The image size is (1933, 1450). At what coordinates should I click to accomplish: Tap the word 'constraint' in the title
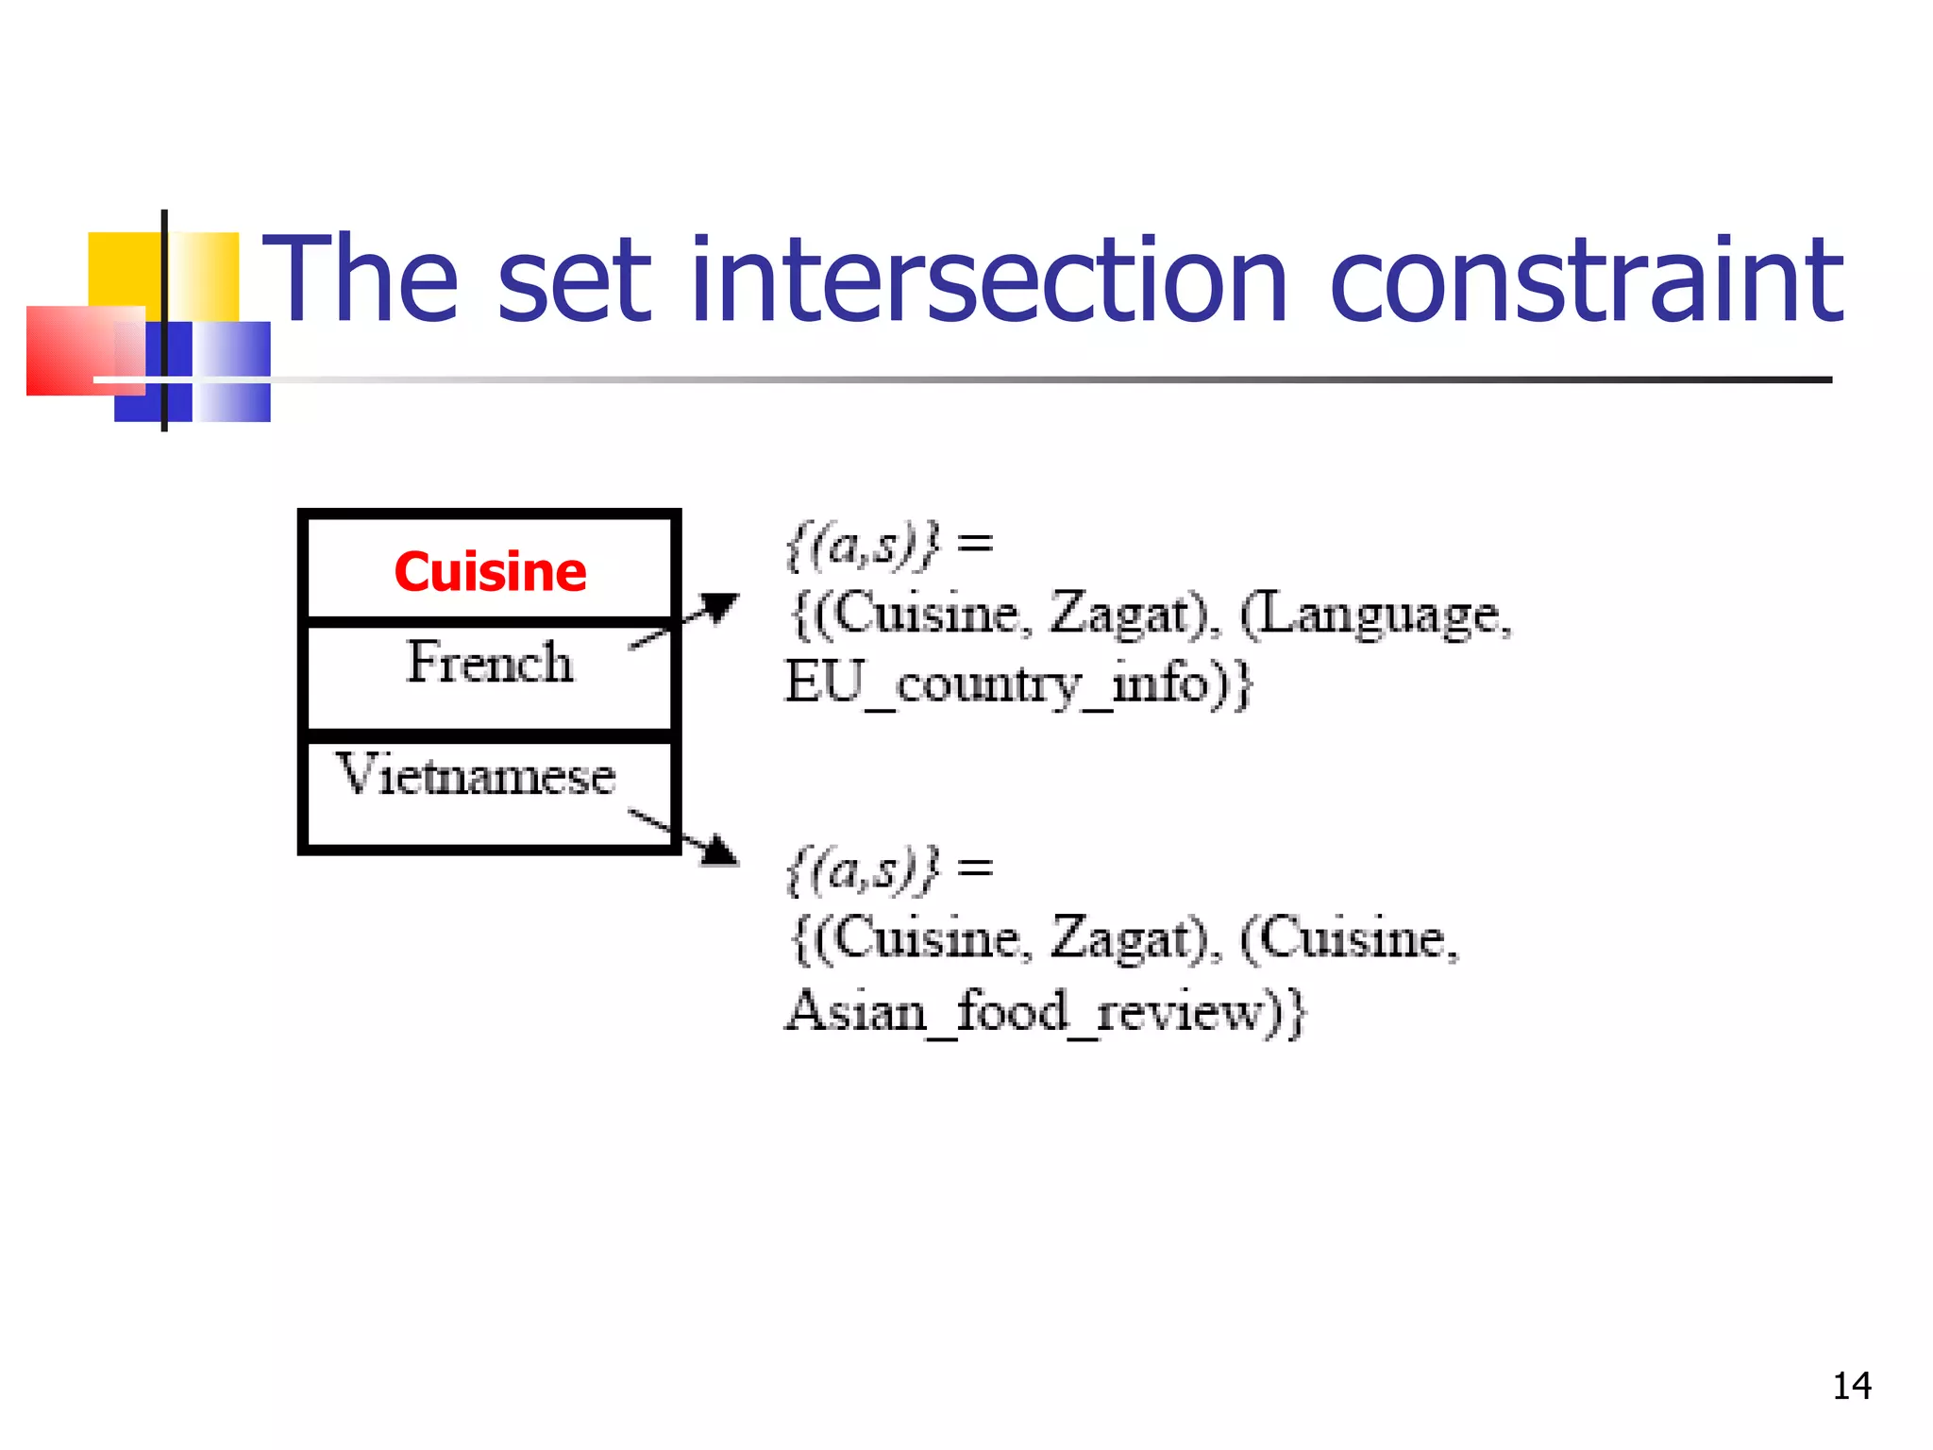click(1586, 280)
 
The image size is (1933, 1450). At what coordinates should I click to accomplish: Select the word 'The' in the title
click(360, 280)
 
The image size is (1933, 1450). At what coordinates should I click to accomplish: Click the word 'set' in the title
click(574, 280)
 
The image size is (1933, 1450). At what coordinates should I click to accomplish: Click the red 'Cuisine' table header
click(490, 571)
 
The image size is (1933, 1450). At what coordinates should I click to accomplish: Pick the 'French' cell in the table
click(490, 662)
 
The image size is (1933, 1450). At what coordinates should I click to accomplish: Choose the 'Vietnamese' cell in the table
click(477, 775)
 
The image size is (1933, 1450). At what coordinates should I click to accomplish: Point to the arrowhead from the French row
click(719, 606)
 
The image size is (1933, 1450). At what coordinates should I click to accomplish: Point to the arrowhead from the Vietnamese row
click(720, 851)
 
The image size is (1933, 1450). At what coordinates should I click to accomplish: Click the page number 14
click(1851, 1386)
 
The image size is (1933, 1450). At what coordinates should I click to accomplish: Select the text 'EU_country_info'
click(997, 684)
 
